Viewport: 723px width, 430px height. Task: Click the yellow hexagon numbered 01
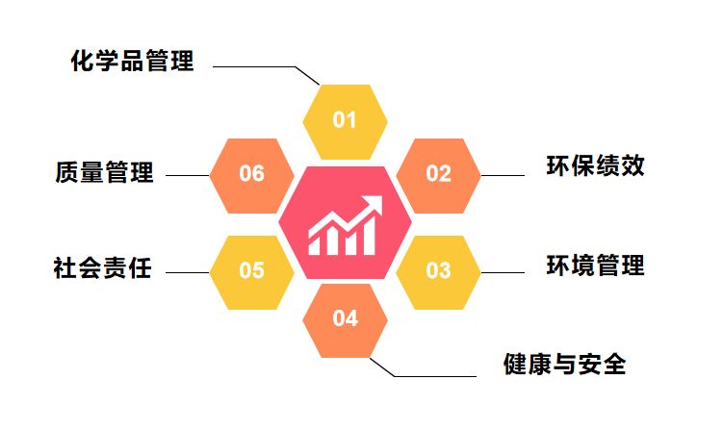tap(345, 121)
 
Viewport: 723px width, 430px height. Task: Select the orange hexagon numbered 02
tap(438, 176)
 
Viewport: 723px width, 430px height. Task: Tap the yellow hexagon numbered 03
tap(438, 272)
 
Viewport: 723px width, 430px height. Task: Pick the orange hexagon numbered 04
tap(345, 320)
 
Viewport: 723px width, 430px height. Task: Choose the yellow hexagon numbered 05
tap(252, 272)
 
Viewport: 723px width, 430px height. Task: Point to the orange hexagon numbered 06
tap(252, 176)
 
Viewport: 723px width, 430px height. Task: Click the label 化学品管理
tap(132, 61)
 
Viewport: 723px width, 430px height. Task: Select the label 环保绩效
tap(595, 165)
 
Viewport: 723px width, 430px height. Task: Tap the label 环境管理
tap(595, 265)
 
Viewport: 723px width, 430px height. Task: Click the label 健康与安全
tap(564, 364)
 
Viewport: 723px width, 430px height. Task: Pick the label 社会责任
tap(102, 267)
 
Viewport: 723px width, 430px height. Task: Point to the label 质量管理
tap(104, 172)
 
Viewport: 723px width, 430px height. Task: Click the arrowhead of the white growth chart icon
tap(374, 204)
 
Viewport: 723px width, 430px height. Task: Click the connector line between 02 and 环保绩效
tap(503, 176)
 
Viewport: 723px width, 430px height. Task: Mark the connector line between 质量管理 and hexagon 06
tap(187, 176)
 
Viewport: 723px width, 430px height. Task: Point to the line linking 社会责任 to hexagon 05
tap(187, 273)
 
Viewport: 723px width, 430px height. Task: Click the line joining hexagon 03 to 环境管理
tap(503, 273)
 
